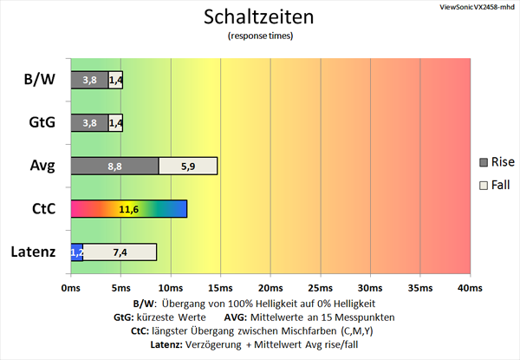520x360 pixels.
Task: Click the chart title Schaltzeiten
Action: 259,17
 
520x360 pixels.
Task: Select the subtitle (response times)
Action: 259,36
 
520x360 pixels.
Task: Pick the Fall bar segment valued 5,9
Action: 187,166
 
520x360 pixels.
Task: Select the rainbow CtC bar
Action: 128,209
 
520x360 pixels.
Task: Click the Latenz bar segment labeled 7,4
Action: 120,252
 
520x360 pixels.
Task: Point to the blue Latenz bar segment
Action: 77,252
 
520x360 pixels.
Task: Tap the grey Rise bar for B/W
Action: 89,81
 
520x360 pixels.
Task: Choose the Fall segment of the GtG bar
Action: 115,123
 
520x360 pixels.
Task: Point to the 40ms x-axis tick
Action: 469,287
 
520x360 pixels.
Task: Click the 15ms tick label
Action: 220,287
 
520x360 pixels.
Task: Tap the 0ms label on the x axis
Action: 71,287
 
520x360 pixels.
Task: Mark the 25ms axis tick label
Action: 320,287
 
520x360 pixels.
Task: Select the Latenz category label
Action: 34,252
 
